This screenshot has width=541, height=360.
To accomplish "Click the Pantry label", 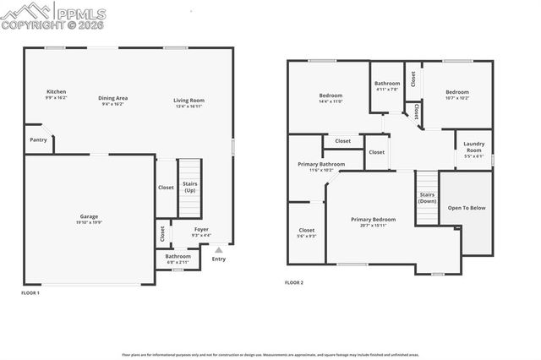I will coord(38,139).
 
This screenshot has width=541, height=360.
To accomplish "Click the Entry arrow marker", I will coord(219,251).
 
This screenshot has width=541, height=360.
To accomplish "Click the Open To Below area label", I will coord(467,207).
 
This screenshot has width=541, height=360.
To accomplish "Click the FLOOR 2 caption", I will coord(293,282).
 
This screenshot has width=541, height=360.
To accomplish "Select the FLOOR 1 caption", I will coord(30,292).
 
